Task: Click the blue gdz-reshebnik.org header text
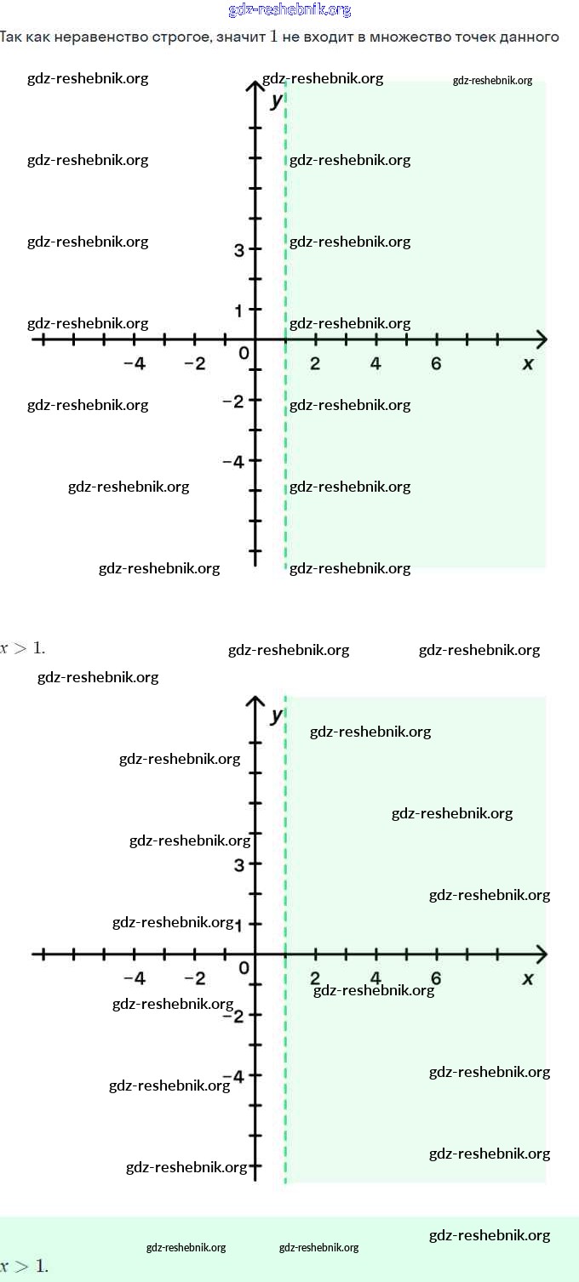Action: tap(289, 10)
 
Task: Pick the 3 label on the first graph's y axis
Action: tap(239, 250)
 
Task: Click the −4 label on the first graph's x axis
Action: tap(134, 364)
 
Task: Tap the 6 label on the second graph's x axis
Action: tap(436, 978)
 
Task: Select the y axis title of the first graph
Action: tap(275, 100)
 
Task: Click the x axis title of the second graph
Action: tap(528, 978)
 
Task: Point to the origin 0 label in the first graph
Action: tap(244, 352)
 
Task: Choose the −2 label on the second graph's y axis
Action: tap(232, 1016)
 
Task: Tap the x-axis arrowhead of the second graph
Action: tap(540, 954)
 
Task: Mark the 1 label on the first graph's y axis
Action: tap(240, 311)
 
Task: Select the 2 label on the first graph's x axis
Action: tap(315, 364)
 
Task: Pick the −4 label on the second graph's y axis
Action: tap(232, 1076)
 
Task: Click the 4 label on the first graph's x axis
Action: tap(375, 364)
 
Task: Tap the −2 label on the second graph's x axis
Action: tap(195, 978)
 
